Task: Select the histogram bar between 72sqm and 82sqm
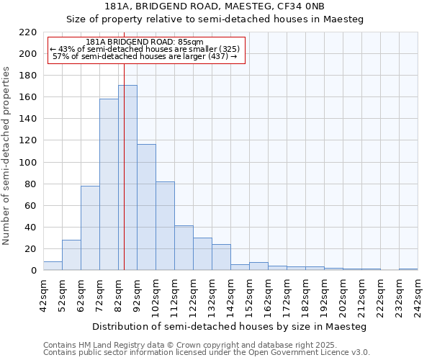pos(109,185)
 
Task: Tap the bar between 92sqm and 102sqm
pos(146,207)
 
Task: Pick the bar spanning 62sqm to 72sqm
pos(90,228)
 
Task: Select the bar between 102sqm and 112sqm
pos(165,226)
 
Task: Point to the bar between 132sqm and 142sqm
pos(221,258)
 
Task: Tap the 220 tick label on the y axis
pos(28,32)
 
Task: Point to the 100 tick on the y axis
pos(28,163)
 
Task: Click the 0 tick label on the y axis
pos(34,271)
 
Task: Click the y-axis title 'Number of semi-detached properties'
pos(7,156)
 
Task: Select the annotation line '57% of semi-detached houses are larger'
pos(145,56)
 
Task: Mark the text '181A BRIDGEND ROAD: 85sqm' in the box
pos(144,42)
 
